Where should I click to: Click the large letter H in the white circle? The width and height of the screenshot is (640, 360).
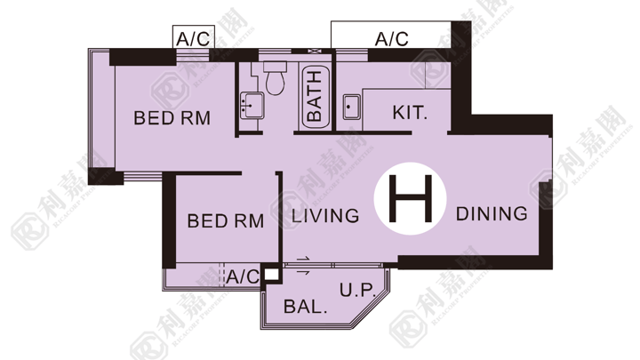click(x=410, y=198)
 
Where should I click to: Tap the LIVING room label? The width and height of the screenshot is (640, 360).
click(x=325, y=216)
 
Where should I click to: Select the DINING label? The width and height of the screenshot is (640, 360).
click(x=492, y=214)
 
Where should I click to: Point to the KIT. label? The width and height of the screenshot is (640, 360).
click(x=410, y=113)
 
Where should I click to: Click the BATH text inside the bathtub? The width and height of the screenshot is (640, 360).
click(x=315, y=96)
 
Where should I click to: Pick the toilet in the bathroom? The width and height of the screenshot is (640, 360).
click(x=275, y=78)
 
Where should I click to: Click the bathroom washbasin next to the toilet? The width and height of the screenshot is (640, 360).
click(x=252, y=105)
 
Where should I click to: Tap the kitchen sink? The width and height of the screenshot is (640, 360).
click(x=351, y=107)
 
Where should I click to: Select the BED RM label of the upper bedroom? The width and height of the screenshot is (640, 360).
click(x=172, y=118)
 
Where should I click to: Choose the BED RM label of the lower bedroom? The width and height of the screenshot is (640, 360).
click(x=225, y=221)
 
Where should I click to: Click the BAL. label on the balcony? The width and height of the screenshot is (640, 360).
click(x=305, y=306)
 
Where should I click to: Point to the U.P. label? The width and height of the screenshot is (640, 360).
click(x=357, y=290)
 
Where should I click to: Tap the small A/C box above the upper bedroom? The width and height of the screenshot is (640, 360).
click(x=194, y=37)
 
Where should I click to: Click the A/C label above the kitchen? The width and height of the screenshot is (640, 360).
click(x=391, y=39)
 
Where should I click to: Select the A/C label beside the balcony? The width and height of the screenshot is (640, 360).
click(x=244, y=276)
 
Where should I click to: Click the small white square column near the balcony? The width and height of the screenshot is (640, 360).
click(x=271, y=274)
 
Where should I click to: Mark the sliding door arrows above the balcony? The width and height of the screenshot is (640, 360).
click(x=303, y=266)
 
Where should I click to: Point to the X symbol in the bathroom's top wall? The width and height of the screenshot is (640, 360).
click(x=314, y=51)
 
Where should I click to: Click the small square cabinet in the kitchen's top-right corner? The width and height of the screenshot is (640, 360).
click(x=438, y=75)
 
